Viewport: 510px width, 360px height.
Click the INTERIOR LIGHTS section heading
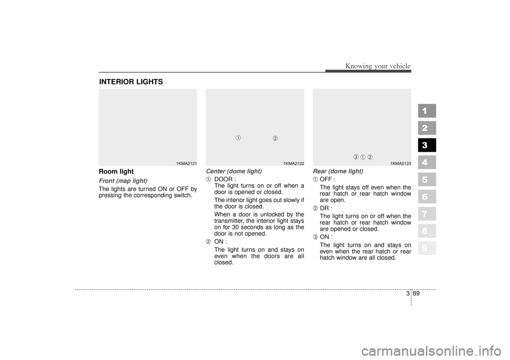[131, 82]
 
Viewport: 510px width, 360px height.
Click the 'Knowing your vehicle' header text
[378, 66]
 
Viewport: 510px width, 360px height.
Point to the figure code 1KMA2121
[186, 163]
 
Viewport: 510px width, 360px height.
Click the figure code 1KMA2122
[293, 163]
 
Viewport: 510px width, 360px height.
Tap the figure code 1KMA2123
[401, 163]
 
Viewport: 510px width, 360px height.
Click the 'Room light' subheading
[116, 172]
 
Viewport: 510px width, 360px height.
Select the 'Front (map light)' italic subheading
[123, 181]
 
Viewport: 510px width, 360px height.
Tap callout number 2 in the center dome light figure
[275, 139]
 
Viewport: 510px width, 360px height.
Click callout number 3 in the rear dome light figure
[356, 156]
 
